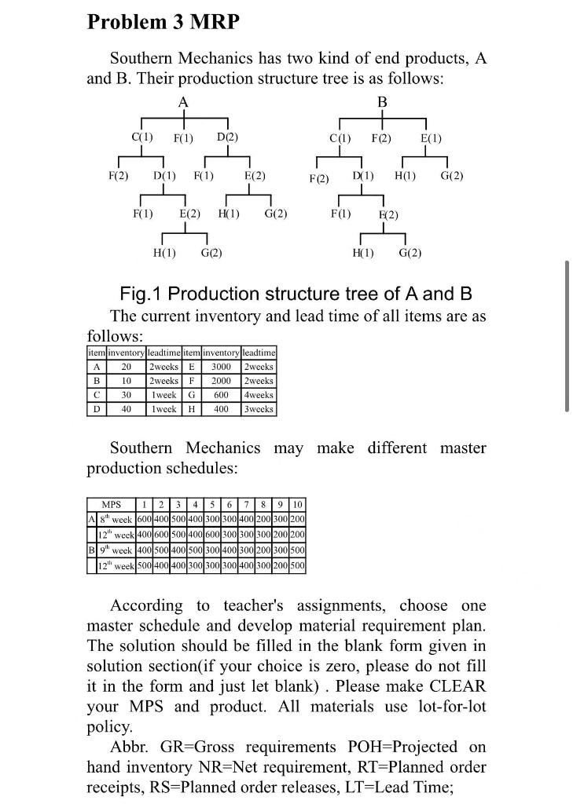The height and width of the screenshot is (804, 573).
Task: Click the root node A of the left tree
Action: click(183, 102)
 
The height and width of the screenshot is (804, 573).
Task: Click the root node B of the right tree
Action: click(383, 102)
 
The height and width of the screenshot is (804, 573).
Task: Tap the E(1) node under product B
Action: click(431, 139)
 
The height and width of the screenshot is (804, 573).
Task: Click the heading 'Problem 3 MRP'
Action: click(163, 22)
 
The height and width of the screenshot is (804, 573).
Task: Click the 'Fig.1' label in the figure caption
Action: click(141, 294)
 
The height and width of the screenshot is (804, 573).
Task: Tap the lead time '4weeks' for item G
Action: click(259, 395)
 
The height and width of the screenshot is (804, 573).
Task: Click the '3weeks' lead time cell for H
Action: click(259, 409)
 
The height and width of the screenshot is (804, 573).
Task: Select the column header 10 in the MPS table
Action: click(298, 504)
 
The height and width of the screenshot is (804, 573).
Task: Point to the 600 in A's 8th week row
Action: click(143, 520)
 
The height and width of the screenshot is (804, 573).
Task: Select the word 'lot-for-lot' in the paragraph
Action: click(443, 706)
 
